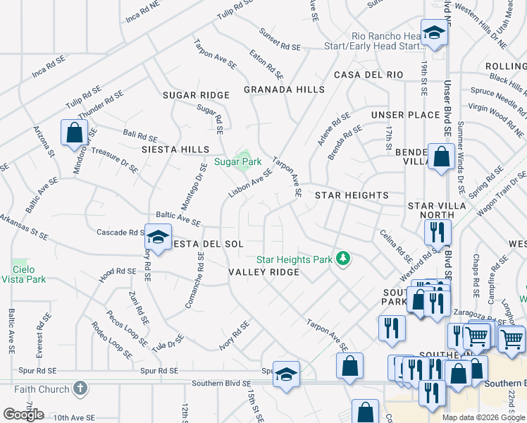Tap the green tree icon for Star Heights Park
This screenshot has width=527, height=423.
tap(343, 259)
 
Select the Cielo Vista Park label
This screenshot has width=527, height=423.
tap(29, 274)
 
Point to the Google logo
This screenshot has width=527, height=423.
tap(23, 414)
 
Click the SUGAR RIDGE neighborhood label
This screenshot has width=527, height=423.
tap(197, 95)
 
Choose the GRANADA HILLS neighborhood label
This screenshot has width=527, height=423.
tap(284, 90)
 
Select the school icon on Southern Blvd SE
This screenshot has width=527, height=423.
tap(286, 373)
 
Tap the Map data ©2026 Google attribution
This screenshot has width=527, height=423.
tap(483, 417)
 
